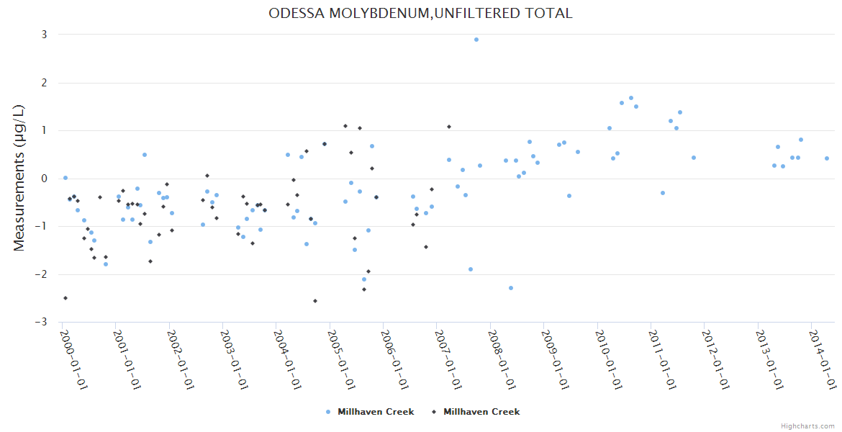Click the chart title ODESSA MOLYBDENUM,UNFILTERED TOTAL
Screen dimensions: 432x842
pyautogui.click(x=420, y=13)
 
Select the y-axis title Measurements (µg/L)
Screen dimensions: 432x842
pyautogui.click(x=19, y=178)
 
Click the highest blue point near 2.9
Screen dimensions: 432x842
pyautogui.click(x=476, y=40)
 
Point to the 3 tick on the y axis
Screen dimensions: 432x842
pyautogui.click(x=44, y=35)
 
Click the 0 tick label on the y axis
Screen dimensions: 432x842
pyautogui.click(x=44, y=179)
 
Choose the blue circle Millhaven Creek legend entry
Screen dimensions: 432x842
pyautogui.click(x=370, y=412)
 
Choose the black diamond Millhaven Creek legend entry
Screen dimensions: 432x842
pyautogui.click(x=476, y=412)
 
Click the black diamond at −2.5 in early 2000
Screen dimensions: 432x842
pyautogui.click(x=65, y=298)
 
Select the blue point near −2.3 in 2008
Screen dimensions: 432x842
pyautogui.click(x=511, y=288)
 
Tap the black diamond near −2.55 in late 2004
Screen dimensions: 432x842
pyautogui.click(x=315, y=301)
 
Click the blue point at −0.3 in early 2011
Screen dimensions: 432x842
pyautogui.click(x=663, y=193)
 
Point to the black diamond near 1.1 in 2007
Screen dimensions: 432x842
pyautogui.click(x=449, y=127)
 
